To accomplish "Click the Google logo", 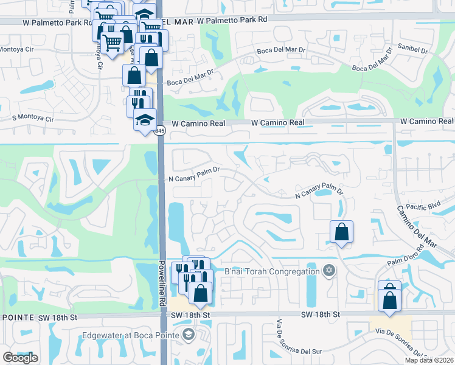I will point(20,358).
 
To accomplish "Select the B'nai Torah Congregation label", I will point(272,271).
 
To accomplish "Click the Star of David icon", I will point(329,271).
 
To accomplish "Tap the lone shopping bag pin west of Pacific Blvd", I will point(341,232).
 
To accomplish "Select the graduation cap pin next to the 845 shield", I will point(145,119).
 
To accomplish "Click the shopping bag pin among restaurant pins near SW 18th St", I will point(200,293).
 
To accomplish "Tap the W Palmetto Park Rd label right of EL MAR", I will point(232,20).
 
